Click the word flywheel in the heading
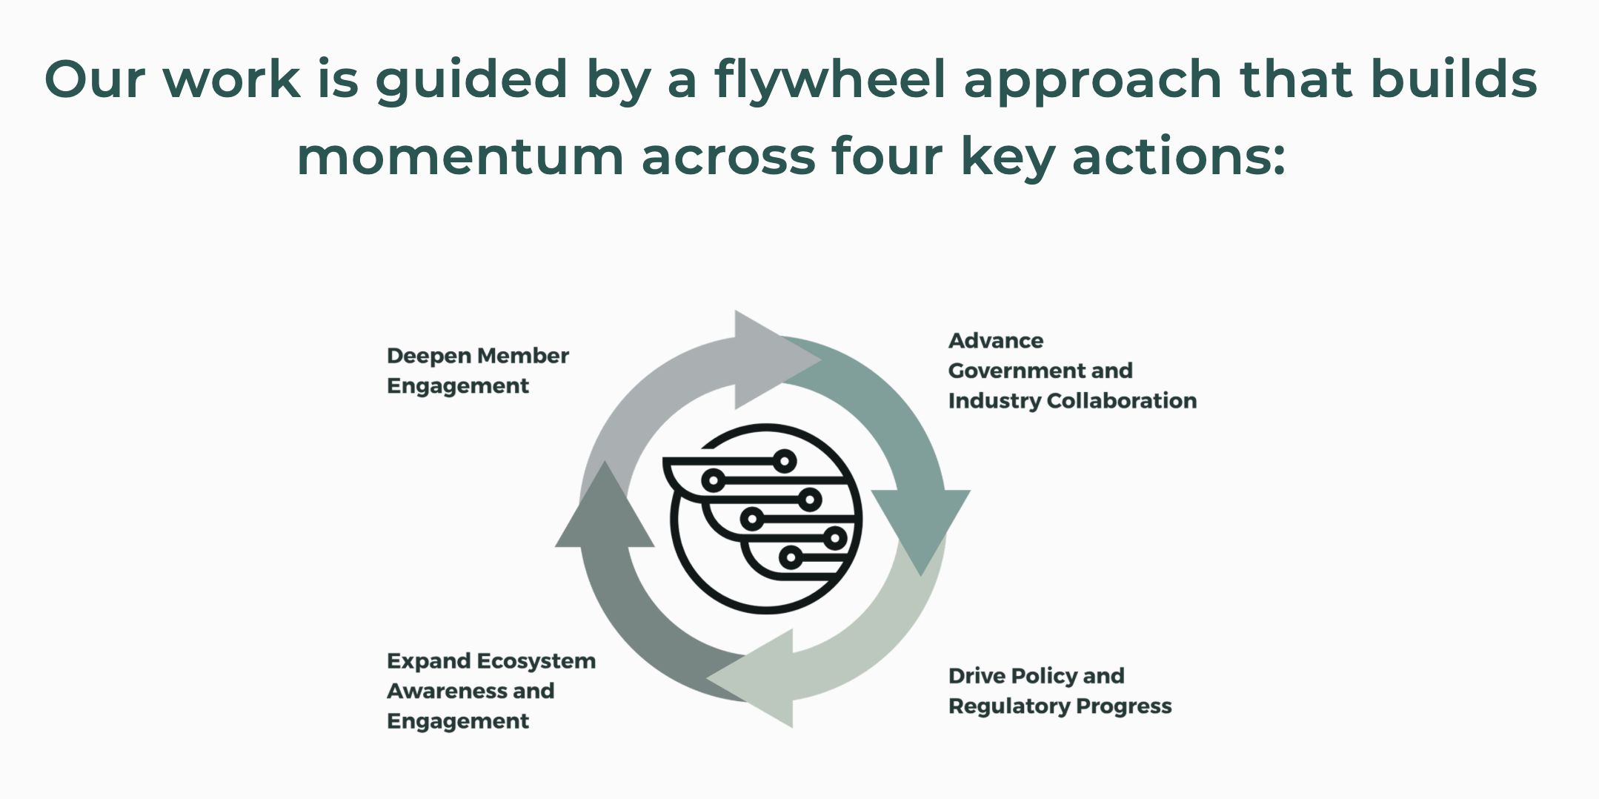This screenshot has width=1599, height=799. pyautogui.click(x=830, y=80)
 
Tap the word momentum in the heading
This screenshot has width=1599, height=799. pyautogui.click(x=460, y=157)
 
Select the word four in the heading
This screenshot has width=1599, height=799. pyautogui.click(x=887, y=157)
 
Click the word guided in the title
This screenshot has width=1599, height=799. pyautogui.click(x=471, y=80)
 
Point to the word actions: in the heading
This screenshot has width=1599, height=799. pyautogui.click(x=1178, y=157)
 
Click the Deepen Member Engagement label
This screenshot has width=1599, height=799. pyautogui.click(x=477, y=371)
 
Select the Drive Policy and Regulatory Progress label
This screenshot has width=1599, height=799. pyautogui.click(x=1060, y=691)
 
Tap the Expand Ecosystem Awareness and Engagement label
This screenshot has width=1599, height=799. pyautogui.click(x=491, y=691)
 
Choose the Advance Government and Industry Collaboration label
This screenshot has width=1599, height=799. pyautogui.click(x=1071, y=371)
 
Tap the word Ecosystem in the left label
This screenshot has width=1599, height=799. pyautogui.click(x=536, y=661)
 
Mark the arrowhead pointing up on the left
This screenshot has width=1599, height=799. pyautogui.click(x=605, y=508)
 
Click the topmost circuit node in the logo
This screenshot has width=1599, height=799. pyautogui.click(x=785, y=461)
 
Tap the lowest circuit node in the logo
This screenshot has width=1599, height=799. pyautogui.click(x=791, y=557)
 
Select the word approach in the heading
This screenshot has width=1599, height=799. pyautogui.click(x=1092, y=80)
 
